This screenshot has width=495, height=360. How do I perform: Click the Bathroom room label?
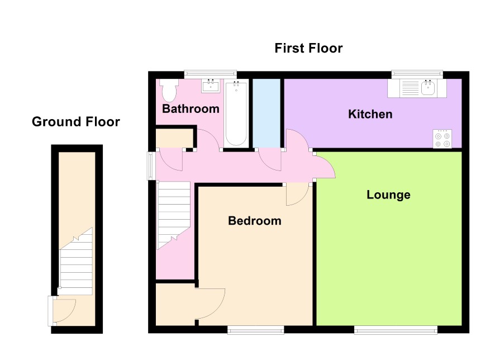click(x=191, y=109)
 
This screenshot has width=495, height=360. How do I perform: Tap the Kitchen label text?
click(x=370, y=114)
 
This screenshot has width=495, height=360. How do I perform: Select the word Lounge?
click(x=389, y=195)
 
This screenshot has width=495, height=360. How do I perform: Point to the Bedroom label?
click(x=255, y=221)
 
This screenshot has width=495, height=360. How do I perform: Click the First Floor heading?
click(x=308, y=48)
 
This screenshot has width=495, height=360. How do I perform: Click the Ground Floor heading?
click(x=76, y=122)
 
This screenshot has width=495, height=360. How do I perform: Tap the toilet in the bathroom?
click(x=169, y=89)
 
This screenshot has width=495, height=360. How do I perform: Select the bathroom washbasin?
click(x=211, y=86)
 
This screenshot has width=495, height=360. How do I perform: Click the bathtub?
click(x=236, y=113)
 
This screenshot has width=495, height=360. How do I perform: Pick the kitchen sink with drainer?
click(x=417, y=88)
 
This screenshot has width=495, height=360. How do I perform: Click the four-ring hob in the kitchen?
click(x=442, y=139)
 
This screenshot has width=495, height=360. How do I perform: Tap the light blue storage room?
click(x=266, y=113)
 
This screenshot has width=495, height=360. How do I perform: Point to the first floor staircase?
click(x=173, y=215)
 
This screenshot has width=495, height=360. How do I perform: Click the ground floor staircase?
click(x=76, y=261)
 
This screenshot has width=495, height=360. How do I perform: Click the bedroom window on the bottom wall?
click(x=256, y=330)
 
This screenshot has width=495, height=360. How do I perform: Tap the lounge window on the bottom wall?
click(x=396, y=330)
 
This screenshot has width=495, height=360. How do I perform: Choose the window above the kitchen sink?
click(x=417, y=74)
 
